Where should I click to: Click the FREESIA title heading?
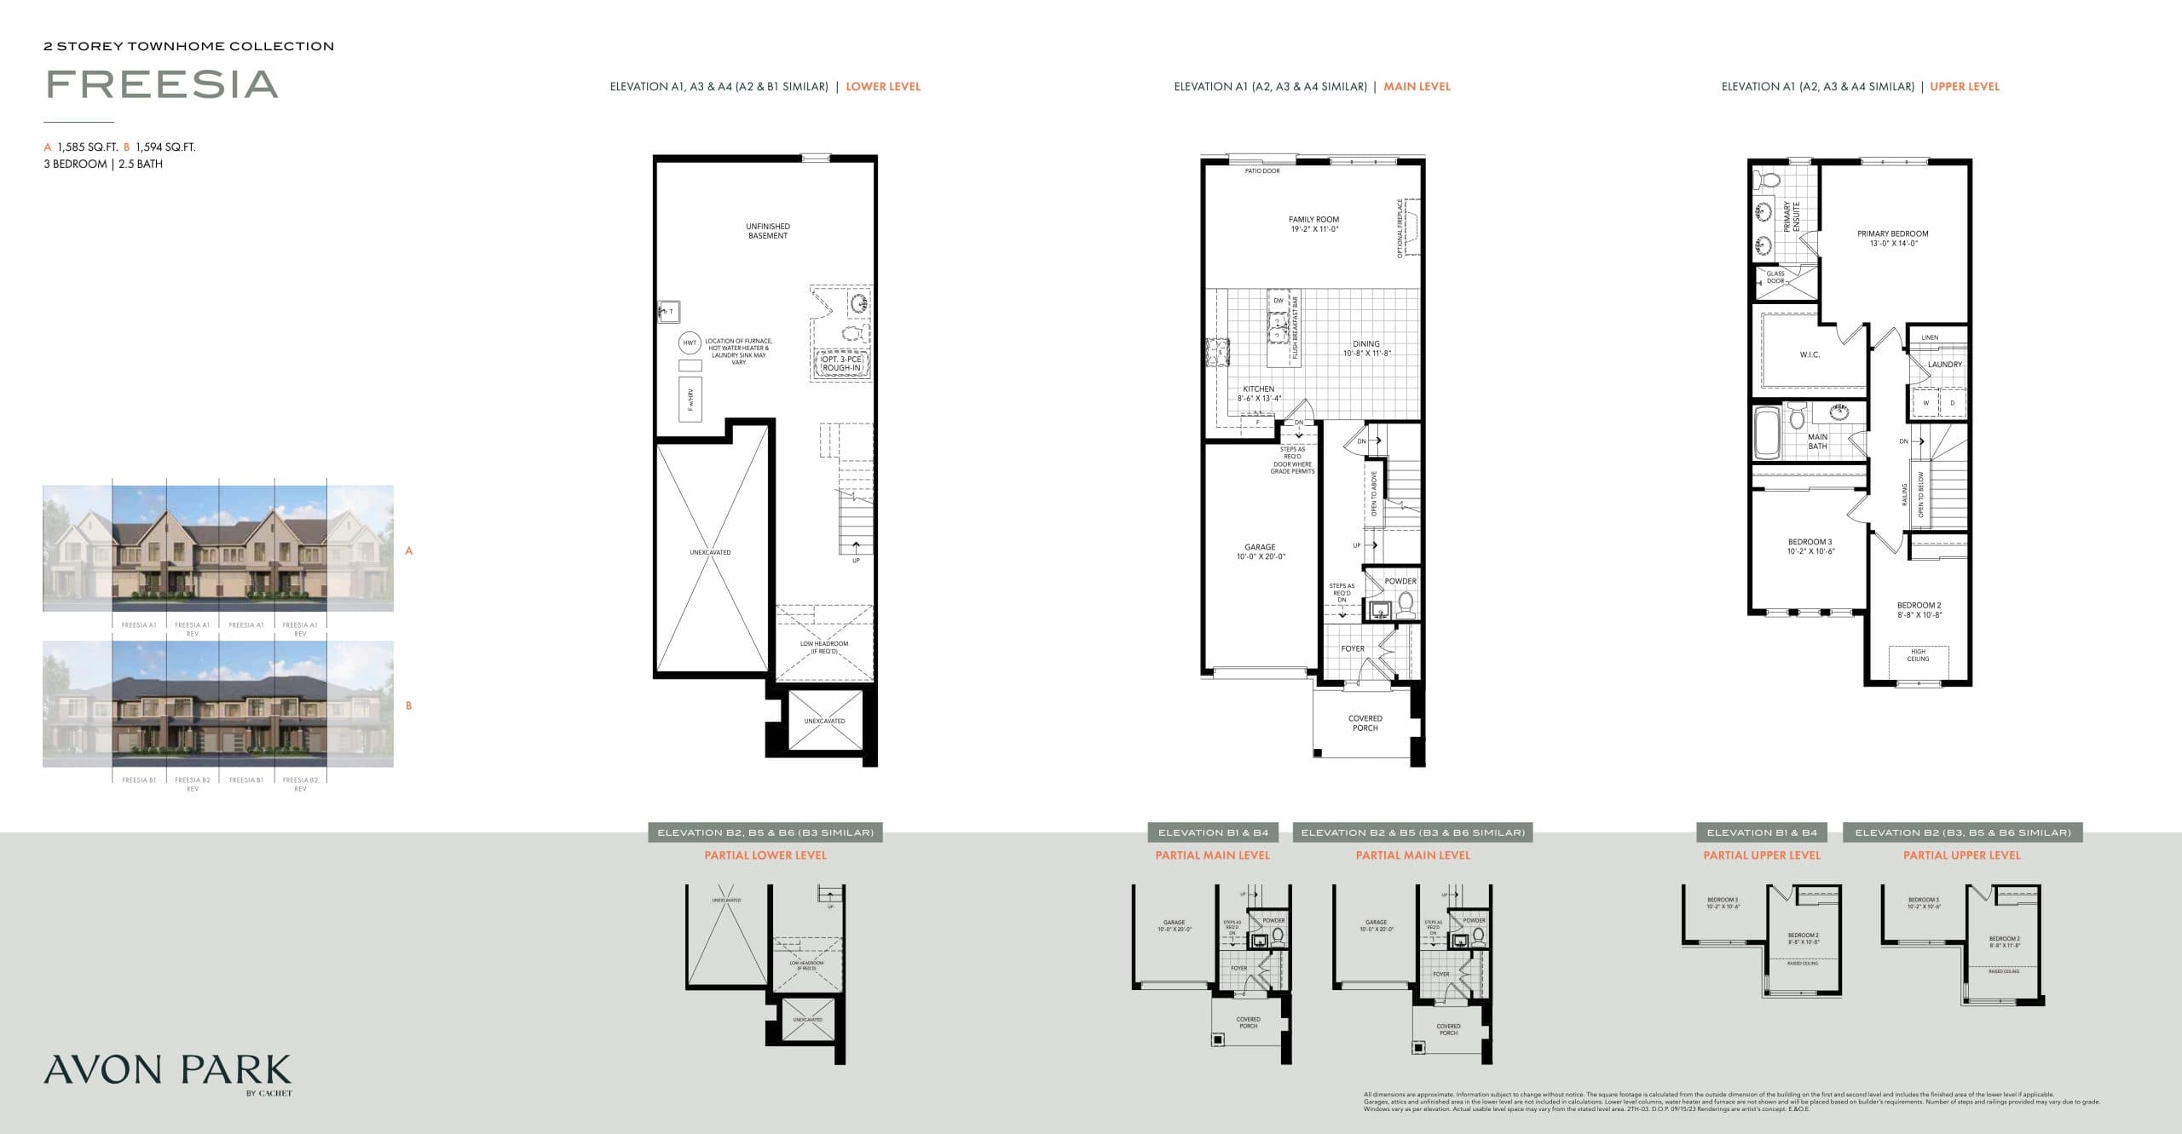pos(162,84)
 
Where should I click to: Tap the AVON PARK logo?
pos(167,1070)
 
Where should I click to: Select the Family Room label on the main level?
pos(1313,224)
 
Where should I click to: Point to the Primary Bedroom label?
pos(1892,238)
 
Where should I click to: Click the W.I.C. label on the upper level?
pos(1810,354)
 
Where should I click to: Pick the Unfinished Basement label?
pos(767,231)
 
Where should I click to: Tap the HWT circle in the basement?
pos(690,343)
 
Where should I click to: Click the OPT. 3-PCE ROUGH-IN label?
pos(841,364)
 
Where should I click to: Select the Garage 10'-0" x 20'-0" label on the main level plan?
pos(1259,552)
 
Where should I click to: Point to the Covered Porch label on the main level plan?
pos(1365,723)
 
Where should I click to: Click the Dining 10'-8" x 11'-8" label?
pos(1366,348)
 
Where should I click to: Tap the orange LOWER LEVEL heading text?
pos(883,87)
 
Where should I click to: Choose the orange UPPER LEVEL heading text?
pos(1965,87)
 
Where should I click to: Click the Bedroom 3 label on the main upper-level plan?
pos(1810,546)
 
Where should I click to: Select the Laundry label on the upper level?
pos(1945,365)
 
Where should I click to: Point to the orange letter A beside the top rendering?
pos(409,551)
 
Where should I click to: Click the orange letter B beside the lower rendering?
pos(409,705)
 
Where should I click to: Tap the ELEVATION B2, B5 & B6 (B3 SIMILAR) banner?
pos(765,832)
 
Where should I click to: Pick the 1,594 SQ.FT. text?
pos(165,147)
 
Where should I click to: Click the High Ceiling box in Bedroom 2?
pos(1918,655)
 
